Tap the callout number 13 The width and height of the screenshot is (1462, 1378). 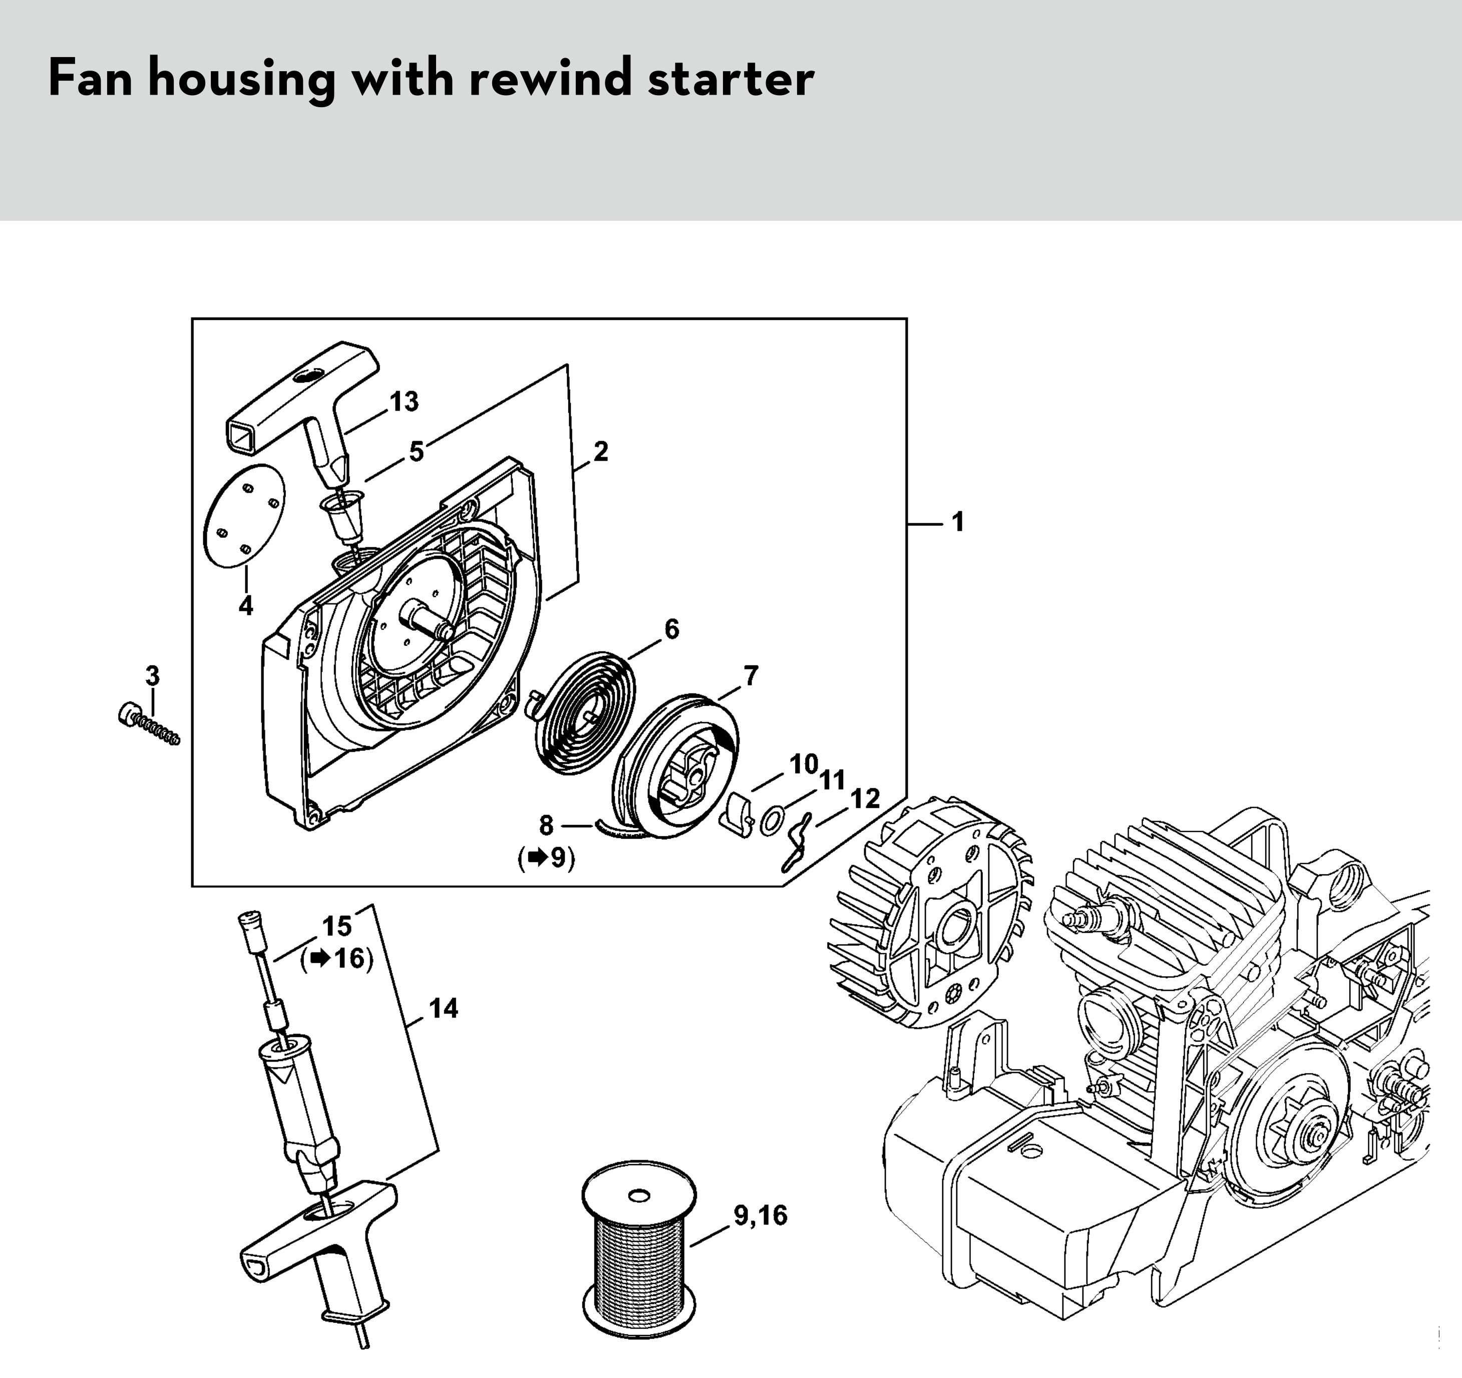[x=404, y=402]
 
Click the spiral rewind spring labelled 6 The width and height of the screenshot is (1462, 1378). [x=581, y=715]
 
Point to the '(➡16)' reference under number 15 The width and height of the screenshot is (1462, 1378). [x=337, y=959]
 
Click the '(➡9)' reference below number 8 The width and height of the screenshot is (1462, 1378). [x=546, y=858]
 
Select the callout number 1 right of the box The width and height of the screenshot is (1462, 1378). [x=957, y=522]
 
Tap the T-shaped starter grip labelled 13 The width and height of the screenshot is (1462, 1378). [x=301, y=398]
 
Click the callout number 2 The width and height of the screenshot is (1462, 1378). [x=601, y=452]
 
